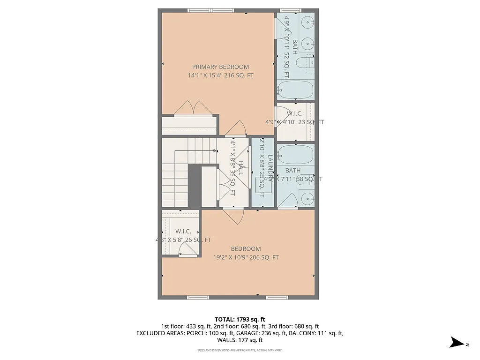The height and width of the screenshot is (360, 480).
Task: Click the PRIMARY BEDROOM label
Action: point(220,67)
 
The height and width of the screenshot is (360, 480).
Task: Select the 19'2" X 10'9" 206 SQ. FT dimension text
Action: point(246,257)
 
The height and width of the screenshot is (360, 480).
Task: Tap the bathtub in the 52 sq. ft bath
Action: point(295,89)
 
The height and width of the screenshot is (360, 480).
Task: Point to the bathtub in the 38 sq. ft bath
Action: point(295,155)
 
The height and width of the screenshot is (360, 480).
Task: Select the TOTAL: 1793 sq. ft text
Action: point(240,318)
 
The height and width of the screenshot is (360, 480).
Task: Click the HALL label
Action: point(240,168)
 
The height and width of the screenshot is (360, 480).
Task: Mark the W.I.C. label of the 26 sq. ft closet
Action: point(183,232)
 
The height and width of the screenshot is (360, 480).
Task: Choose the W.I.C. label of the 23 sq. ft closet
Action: point(294,113)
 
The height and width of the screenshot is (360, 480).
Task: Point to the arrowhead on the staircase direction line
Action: point(216,151)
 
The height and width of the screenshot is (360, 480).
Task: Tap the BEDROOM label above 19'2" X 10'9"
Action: point(246,249)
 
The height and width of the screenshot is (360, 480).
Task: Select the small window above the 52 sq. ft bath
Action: point(287,10)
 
